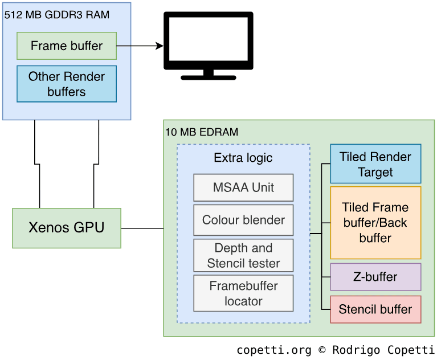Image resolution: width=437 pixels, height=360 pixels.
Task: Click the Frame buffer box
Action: click(67, 46)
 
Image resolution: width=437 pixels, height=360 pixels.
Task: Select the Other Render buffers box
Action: click(67, 84)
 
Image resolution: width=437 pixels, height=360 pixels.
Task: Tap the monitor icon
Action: click(209, 40)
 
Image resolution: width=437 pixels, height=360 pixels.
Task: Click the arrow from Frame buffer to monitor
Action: click(140, 46)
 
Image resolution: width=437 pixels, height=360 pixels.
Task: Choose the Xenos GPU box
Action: click(67, 228)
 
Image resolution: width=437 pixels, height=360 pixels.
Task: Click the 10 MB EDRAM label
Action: click(202, 132)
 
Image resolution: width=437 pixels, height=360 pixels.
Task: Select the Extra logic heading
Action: click(243, 158)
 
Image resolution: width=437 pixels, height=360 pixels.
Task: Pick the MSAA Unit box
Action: click(243, 187)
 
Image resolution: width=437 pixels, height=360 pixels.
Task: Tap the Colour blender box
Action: click(243, 220)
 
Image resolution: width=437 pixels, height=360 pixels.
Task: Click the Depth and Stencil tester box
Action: click(243, 255)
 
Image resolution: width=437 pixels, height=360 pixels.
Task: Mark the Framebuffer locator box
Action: click(243, 293)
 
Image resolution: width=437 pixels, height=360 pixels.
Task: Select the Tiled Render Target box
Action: click(375, 164)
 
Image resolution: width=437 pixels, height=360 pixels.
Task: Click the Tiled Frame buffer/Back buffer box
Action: click(375, 223)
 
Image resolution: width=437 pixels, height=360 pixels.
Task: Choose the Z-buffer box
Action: click(375, 277)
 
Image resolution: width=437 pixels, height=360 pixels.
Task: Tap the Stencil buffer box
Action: click(375, 309)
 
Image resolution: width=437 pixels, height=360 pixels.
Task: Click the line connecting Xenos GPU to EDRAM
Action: click(142, 228)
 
